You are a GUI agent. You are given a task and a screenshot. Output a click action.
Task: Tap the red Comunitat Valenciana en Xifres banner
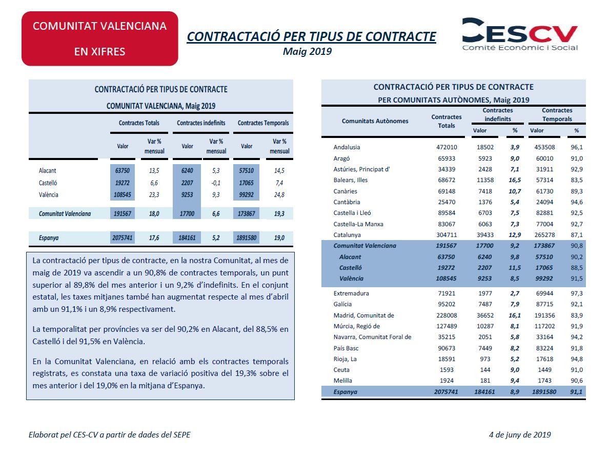coord(100,38)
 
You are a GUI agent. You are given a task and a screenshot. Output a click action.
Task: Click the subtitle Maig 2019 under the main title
coord(308,51)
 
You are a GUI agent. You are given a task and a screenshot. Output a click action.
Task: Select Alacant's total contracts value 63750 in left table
coord(123,171)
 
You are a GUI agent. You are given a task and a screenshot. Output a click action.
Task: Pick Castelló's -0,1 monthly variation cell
coord(216,183)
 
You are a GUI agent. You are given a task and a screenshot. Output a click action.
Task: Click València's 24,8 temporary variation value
coord(279,195)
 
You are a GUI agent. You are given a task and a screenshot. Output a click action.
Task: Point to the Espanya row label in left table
coord(49,238)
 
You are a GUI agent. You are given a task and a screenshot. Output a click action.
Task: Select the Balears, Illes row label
coord(351,180)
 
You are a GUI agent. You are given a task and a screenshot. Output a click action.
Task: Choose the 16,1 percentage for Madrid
coord(514,315)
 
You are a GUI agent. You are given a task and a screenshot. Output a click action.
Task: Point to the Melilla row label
coord(342,381)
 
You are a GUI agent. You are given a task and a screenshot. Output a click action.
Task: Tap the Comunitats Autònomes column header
coord(375,121)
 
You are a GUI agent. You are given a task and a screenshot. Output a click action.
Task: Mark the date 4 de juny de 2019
coord(520,435)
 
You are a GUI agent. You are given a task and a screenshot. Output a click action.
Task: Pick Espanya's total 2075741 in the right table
coord(443,391)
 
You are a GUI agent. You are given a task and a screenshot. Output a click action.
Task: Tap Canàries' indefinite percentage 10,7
coord(514,191)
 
